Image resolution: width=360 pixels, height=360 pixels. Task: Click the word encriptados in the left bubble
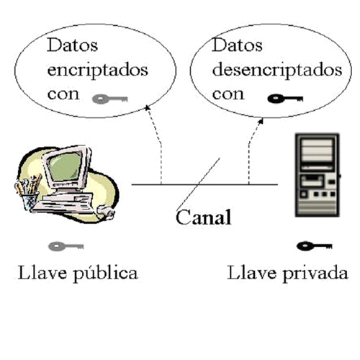pyautogui.click(x=97, y=71)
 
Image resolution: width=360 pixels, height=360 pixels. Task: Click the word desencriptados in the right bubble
pyautogui.click(x=277, y=71)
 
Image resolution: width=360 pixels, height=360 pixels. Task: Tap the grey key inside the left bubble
pyautogui.click(x=110, y=99)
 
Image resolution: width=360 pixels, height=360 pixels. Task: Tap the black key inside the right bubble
pyautogui.click(x=285, y=99)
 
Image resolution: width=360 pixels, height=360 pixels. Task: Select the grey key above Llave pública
pyautogui.click(x=66, y=246)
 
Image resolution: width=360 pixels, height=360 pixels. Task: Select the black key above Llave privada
pyautogui.click(x=315, y=246)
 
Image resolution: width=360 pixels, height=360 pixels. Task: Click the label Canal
pyautogui.click(x=204, y=217)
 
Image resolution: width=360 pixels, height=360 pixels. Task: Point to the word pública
pyautogui.click(x=105, y=274)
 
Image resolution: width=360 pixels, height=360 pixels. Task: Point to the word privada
pyautogui.click(x=315, y=274)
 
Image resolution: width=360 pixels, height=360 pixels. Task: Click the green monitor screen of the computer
pyautogui.click(x=66, y=166)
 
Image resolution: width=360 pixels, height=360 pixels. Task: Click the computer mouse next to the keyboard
pyautogui.click(x=106, y=212)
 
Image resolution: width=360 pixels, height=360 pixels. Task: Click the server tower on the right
pyautogui.click(x=318, y=175)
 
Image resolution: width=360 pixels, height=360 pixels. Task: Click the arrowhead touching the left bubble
pyautogui.click(x=148, y=108)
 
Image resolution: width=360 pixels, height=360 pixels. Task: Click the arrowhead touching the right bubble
pyautogui.click(x=261, y=121)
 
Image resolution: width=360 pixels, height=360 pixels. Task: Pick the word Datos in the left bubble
pyautogui.click(x=72, y=45)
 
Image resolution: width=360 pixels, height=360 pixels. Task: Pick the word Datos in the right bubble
pyautogui.click(x=237, y=45)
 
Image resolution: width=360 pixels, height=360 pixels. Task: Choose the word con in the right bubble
pyautogui.click(x=228, y=94)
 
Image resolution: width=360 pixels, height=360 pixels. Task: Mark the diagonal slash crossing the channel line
pyautogui.click(x=198, y=184)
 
